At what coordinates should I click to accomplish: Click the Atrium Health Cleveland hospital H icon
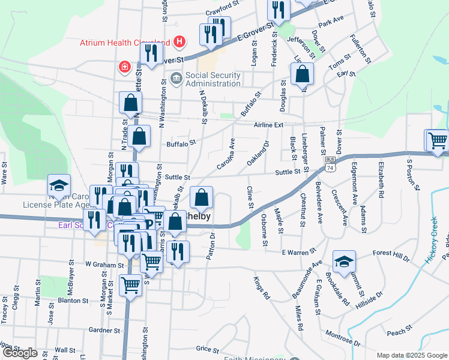179,42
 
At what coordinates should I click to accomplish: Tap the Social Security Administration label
213,79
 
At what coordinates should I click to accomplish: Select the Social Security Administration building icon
176,78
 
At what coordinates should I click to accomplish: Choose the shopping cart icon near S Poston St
438,141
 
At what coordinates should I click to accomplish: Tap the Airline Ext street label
267,125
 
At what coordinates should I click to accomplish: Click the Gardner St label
104,330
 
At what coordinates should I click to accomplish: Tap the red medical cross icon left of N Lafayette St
125,66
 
